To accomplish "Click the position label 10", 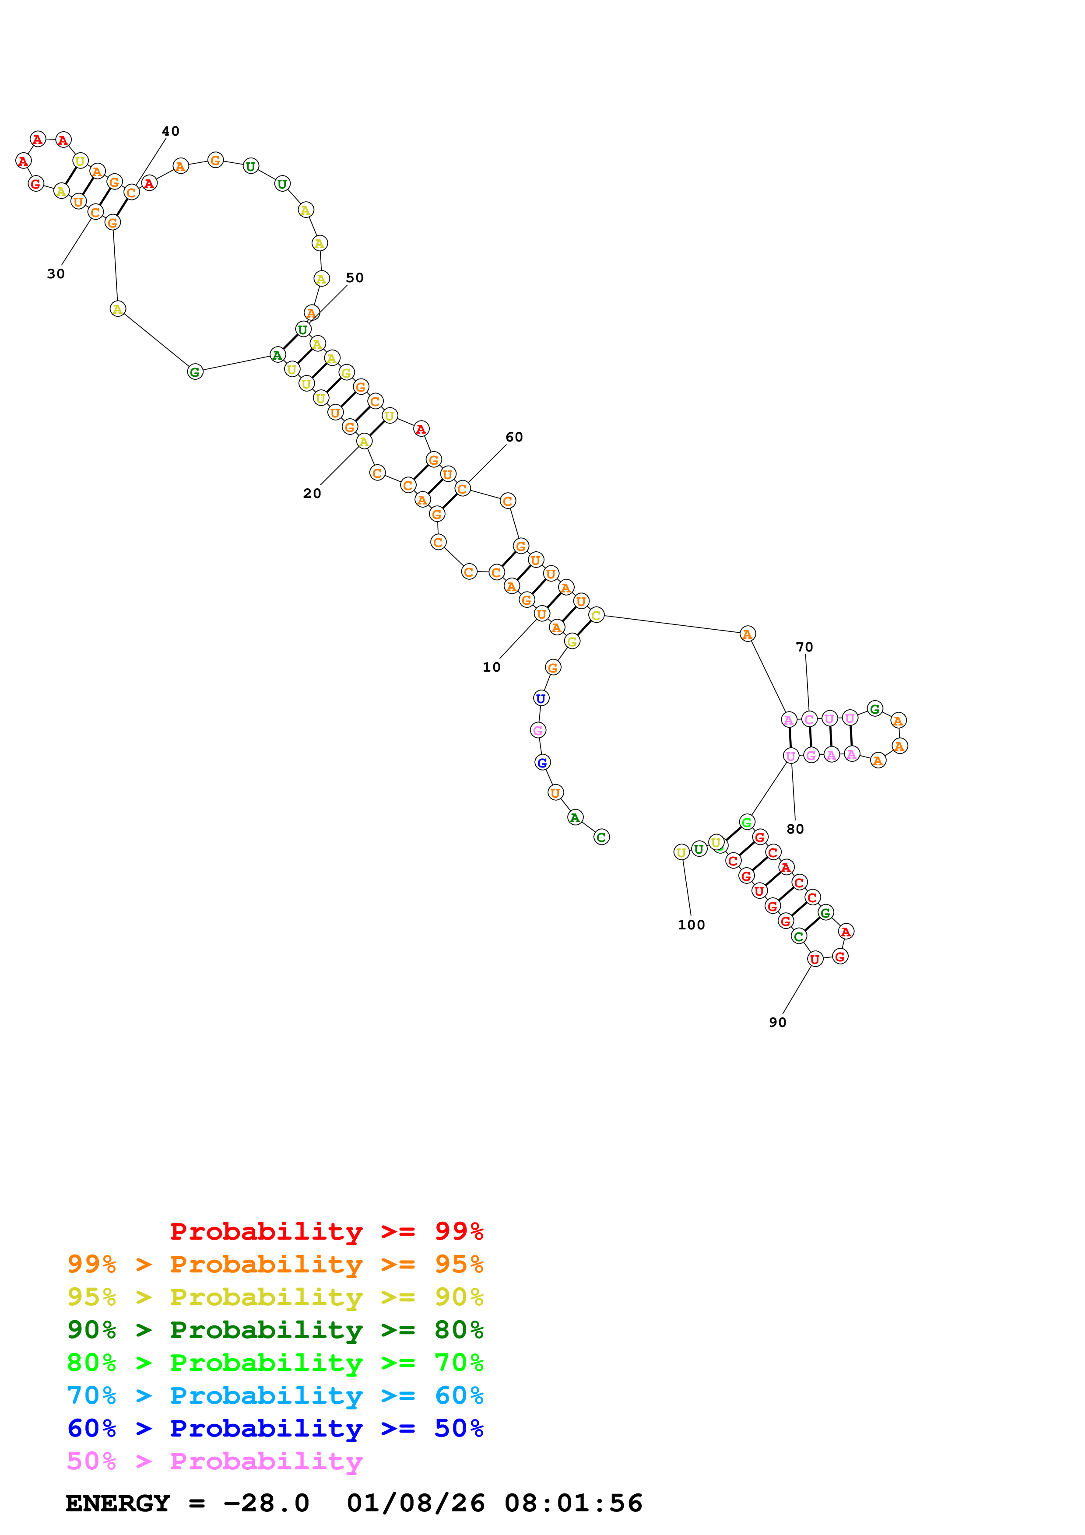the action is [x=492, y=667].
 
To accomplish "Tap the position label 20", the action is [x=312, y=494].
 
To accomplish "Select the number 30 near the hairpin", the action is [x=56, y=274].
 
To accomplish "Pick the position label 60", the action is [x=514, y=437].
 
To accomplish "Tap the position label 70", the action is [x=804, y=647].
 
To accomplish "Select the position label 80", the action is [x=795, y=829].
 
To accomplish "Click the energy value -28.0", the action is [x=266, y=1503].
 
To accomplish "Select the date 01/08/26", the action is [x=416, y=1503].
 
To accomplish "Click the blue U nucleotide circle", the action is [x=541, y=699].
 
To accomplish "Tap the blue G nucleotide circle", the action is [x=542, y=762].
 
